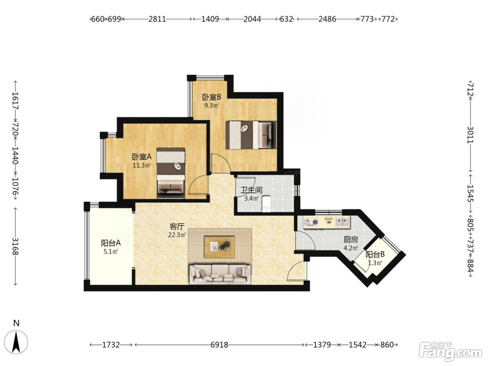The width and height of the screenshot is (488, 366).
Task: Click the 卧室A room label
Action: [x=142, y=157]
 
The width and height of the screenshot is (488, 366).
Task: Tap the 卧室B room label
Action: [x=212, y=97]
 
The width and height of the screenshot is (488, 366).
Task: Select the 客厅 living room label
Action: [x=177, y=227]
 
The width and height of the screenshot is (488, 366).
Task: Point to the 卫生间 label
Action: [x=251, y=190]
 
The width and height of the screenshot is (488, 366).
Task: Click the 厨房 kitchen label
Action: [x=351, y=240]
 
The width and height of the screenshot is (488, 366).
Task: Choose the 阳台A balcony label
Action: [x=111, y=243]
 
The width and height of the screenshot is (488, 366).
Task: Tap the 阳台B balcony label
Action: [x=375, y=254]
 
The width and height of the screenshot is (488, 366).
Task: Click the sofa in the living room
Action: [x=220, y=274]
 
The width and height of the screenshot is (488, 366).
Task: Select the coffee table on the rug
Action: [x=220, y=247]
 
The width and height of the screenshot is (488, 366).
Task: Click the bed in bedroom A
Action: [x=171, y=173]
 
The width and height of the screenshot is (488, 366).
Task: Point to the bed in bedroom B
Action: [x=251, y=135]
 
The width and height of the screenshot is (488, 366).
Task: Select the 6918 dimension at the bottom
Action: [x=219, y=345]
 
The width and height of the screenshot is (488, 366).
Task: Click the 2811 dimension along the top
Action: [x=157, y=19]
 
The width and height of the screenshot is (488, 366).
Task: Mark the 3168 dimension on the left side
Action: [x=15, y=246]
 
